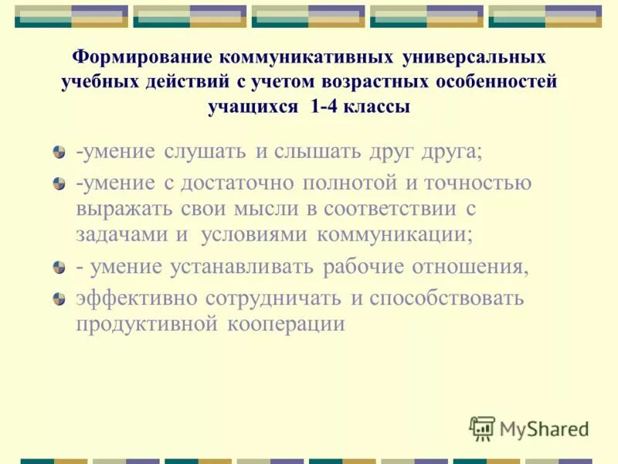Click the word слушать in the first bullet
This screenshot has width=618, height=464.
[x=206, y=152]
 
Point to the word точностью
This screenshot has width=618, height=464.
[x=480, y=184]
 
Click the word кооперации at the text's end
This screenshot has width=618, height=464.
[x=286, y=323]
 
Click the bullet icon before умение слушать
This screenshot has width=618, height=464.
[x=59, y=153]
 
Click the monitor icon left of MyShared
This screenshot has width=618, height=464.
[x=482, y=427]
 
